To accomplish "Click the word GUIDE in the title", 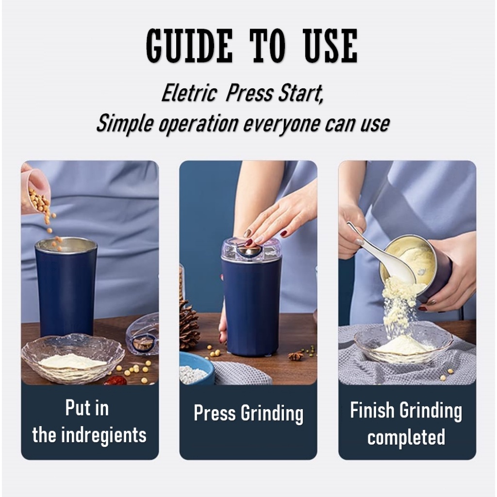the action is (189, 46).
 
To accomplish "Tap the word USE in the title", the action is (331, 46).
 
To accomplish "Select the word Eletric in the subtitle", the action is (189, 94).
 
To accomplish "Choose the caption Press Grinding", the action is (248, 414).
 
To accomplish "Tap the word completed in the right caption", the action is (406, 437).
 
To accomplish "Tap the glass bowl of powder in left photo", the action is (72, 358).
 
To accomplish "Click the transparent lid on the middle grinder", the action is (250, 249).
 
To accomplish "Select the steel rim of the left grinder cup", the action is (66, 244).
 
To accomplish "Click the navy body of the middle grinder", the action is (251, 307).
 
